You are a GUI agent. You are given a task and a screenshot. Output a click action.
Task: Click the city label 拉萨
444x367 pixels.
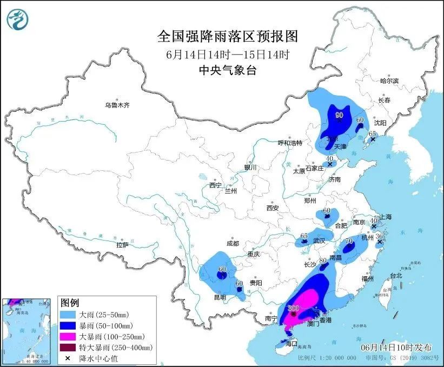pyautogui.click(x=122, y=245)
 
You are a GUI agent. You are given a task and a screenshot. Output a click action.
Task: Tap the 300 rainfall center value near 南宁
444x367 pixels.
pyautogui.click(x=294, y=309)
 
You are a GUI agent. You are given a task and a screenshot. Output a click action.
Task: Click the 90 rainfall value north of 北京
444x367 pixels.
pyautogui.click(x=340, y=115)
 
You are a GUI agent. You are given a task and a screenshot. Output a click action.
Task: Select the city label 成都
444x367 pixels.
pyautogui.click(x=233, y=244)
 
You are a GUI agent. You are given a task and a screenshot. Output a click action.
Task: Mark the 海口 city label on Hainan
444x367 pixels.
pyautogui.click(x=291, y=344)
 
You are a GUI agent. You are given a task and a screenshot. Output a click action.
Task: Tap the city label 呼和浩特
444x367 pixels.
pyautogui.click(x=290, y=143)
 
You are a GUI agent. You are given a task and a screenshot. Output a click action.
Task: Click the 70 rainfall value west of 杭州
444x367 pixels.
pyautogui.click(x=349, y=241)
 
